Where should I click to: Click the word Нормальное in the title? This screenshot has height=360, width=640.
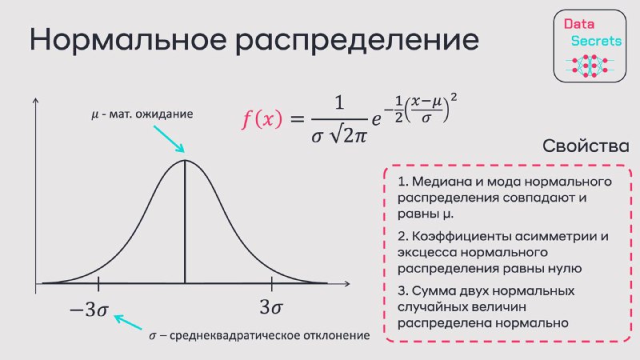128,39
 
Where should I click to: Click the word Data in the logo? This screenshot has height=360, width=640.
578,24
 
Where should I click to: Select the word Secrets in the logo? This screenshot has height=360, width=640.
596,41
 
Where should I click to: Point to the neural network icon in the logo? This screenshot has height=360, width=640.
590,66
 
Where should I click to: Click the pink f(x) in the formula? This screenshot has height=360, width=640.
262,119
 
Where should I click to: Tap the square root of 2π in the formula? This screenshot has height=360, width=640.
349,134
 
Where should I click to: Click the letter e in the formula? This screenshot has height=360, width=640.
376,118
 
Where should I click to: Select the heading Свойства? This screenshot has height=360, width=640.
586,146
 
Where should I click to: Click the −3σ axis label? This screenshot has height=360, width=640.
89,310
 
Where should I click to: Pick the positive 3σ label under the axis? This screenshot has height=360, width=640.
271,307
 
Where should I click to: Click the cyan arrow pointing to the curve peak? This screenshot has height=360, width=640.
169,138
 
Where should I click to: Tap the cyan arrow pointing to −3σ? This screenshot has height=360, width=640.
128,322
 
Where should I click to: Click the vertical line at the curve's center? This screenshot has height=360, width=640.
185,222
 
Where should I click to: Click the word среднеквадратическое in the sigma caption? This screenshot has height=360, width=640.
234,336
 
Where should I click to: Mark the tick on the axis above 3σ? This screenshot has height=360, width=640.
272,283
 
